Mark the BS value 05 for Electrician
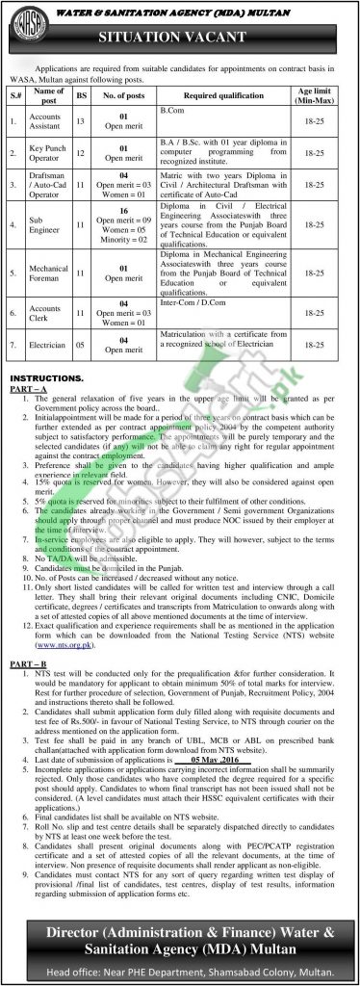point(82,340)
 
